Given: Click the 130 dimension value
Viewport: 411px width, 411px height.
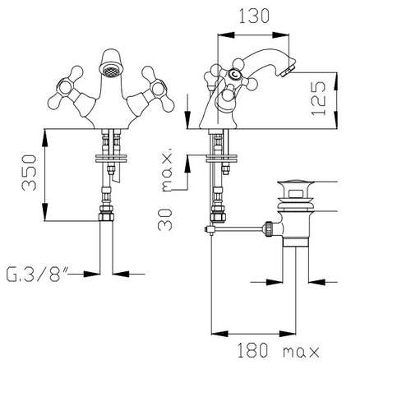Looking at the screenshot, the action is click(254, 16).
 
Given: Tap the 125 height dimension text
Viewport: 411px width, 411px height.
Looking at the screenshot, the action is click(319, 99).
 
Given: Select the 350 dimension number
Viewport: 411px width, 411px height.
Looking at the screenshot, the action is click(29, 173).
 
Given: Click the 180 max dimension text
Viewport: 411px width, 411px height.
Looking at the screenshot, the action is click(278, 350).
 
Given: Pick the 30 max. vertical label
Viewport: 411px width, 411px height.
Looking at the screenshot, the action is click(165, 189).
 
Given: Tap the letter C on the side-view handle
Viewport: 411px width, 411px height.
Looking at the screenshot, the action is click(234, 74).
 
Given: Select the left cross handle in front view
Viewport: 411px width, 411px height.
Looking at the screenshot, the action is click(67, 88).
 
